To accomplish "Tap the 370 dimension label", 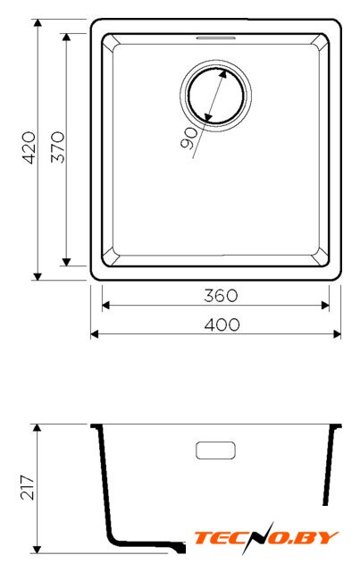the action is click(x=58, y=147).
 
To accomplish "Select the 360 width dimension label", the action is click(x=221, y=296).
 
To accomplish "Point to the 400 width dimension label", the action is click(x=222, y=324).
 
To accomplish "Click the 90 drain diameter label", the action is click(x=188, y=139).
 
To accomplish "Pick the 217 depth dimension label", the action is click(x=28, y=487).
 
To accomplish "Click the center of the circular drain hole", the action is click(x=215, y=96).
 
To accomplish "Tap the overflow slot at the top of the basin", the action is click(x=215, y=38).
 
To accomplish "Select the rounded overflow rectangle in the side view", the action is click(x=215, y=450).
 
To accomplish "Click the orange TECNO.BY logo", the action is click(x=266, y=537).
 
